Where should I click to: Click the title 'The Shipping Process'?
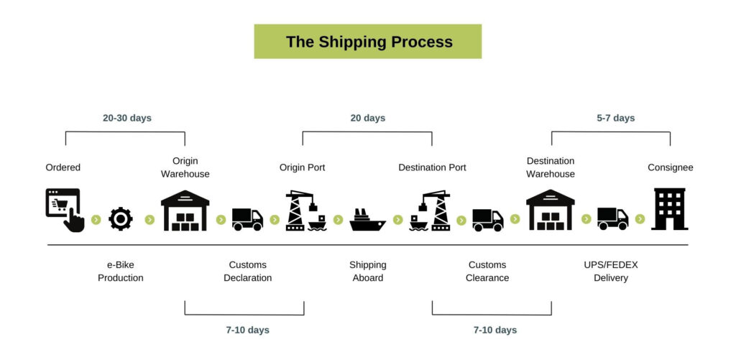[369, 42]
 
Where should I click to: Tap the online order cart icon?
[65, 210]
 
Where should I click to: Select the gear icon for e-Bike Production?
[121, 218]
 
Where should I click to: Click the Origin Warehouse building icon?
[185, 211]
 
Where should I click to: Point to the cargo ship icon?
[367, 220]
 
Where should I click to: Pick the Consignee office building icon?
[670, 209]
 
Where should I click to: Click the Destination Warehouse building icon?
[550, 210]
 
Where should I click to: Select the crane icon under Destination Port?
[430, 211]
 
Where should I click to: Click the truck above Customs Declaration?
[247, 219]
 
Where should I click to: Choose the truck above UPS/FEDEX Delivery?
[612, 218]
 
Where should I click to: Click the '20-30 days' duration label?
[127, 118]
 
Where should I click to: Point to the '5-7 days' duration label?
[616, 118]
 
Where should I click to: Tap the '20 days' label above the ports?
[368, 118]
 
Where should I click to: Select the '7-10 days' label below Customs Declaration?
[247, 330]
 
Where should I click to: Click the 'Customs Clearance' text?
[487, 272]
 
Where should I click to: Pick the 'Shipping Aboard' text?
[367, 272]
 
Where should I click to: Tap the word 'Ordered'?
[63, 167]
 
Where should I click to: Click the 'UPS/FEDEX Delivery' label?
[611, 272]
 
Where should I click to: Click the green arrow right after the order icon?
[96, 220]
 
